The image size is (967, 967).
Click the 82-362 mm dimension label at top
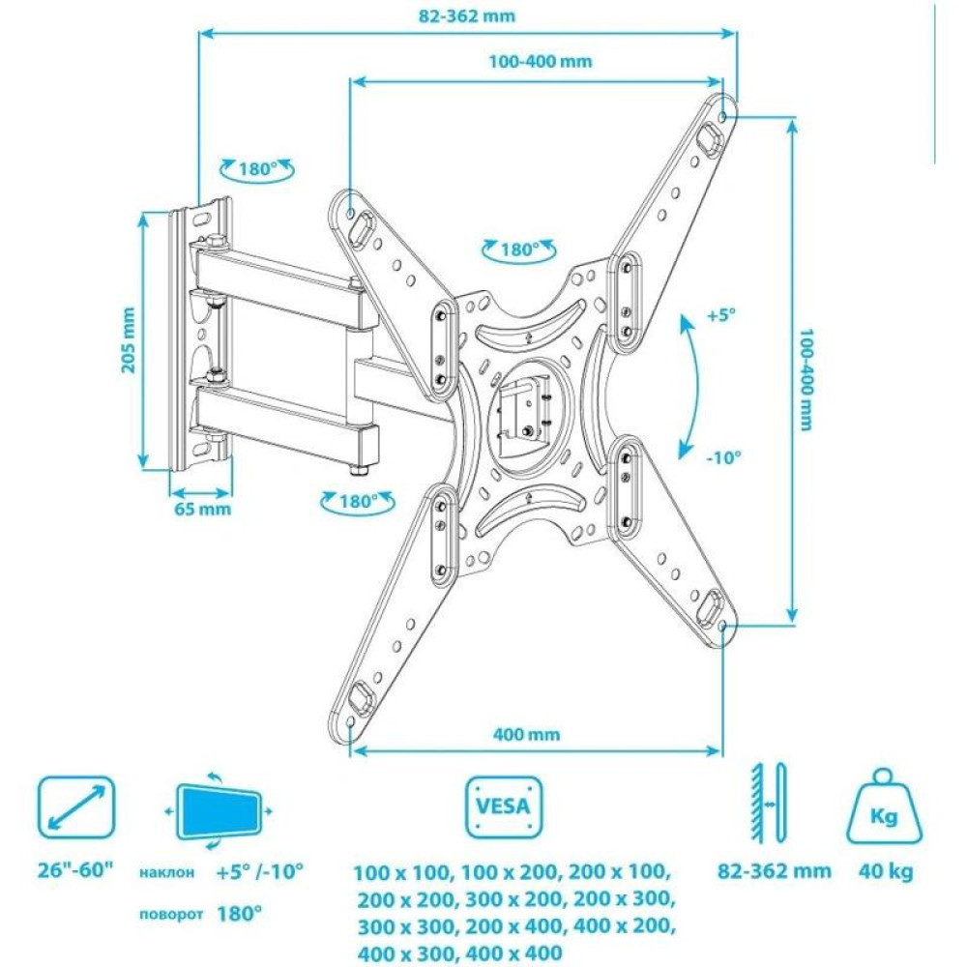coord(466,16)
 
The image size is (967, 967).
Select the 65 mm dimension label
coord(202,509)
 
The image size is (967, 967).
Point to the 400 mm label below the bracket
coord(526,734)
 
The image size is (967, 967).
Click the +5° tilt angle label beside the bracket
coord(721,315)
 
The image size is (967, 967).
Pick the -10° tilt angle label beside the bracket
coord(723,457)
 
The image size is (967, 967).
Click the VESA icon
coord(503,806)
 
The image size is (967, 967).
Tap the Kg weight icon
coord(884,806)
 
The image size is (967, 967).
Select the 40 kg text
coord(886,871)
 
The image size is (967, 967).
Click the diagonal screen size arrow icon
coord(76,806)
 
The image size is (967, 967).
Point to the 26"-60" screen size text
coord(76,870)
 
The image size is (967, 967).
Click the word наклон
coord(166,872)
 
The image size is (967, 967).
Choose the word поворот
coord(171,914)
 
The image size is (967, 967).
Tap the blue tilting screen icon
coord(219,810)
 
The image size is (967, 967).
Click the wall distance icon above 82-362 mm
coord(769,804)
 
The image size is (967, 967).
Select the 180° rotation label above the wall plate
coord(257,169)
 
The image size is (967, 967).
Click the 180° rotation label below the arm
coord(358,501)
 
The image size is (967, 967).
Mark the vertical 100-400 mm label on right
coord(806,379)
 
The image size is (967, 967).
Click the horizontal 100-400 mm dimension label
coord(541,62)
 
